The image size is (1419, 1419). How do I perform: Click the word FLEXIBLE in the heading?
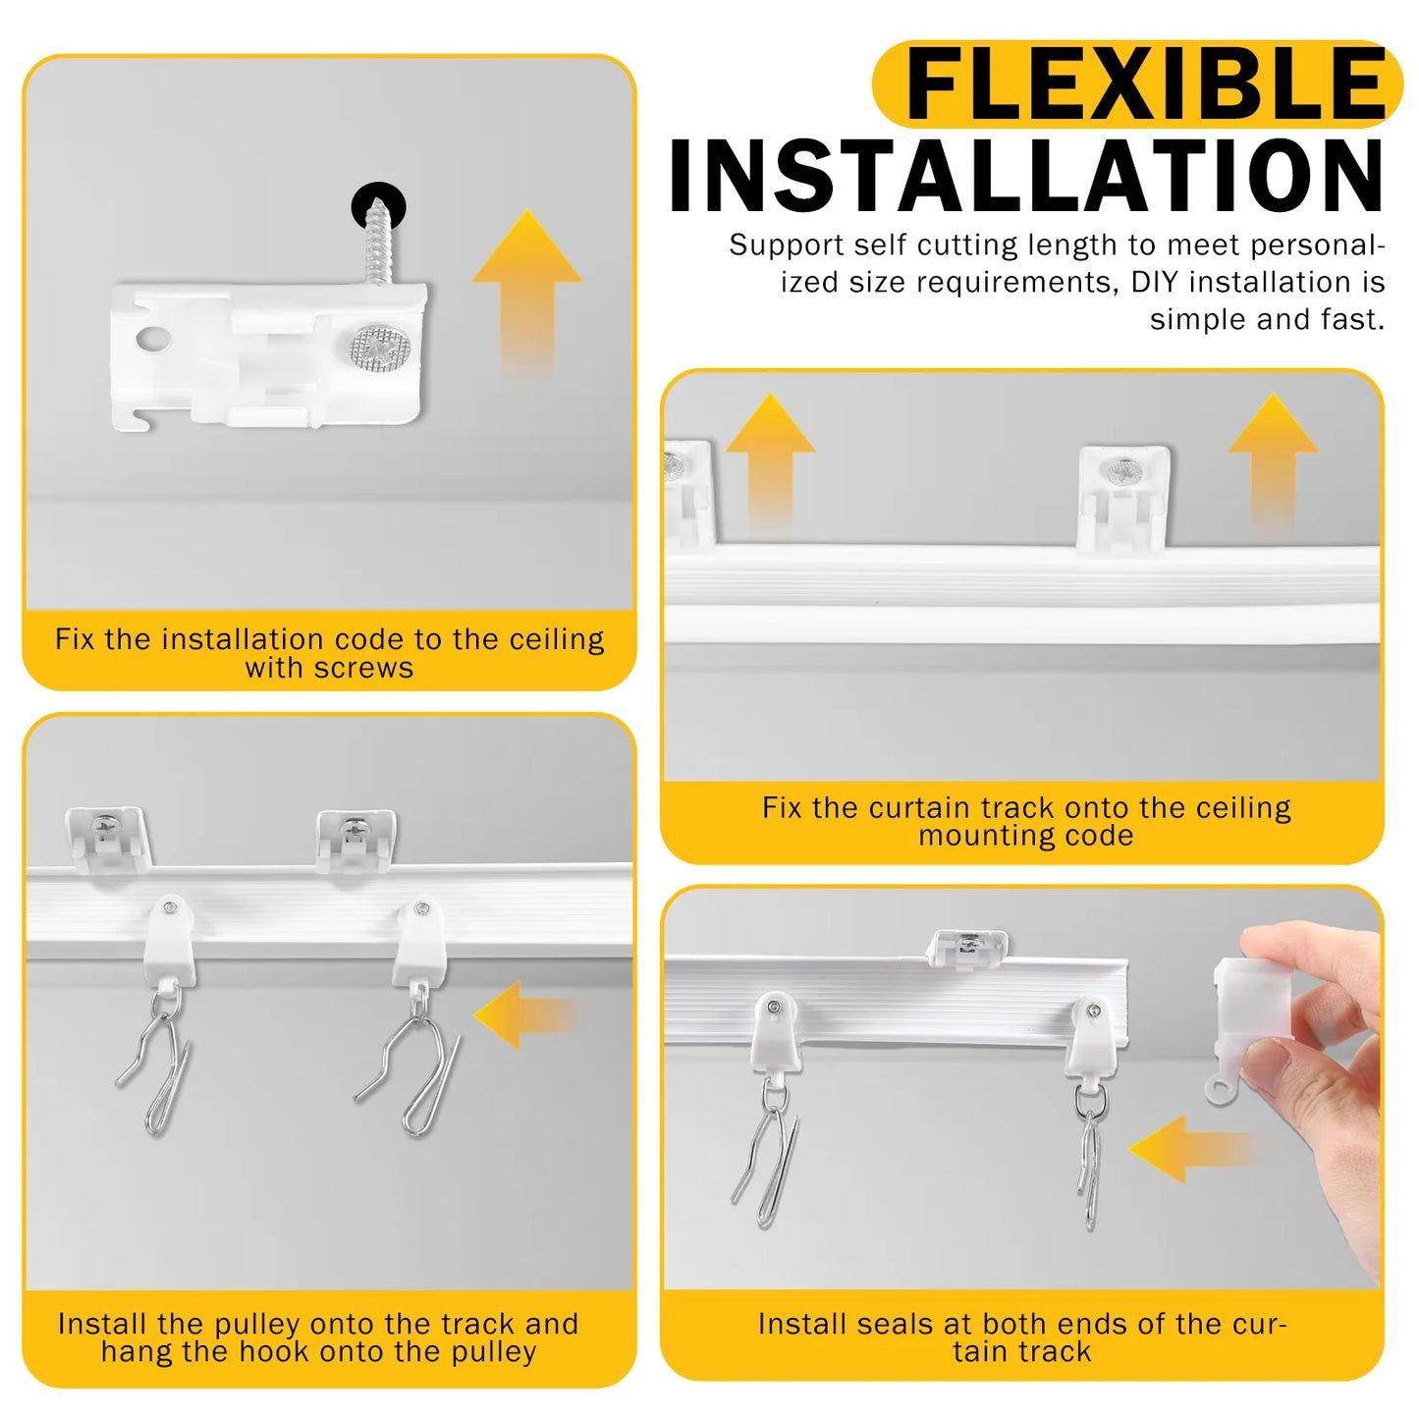1145,85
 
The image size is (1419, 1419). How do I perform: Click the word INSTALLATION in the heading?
1027,177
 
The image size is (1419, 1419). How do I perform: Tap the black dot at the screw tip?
378,204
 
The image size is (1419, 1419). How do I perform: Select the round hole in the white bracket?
153,340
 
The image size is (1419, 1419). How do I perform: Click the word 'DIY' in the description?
1157,283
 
